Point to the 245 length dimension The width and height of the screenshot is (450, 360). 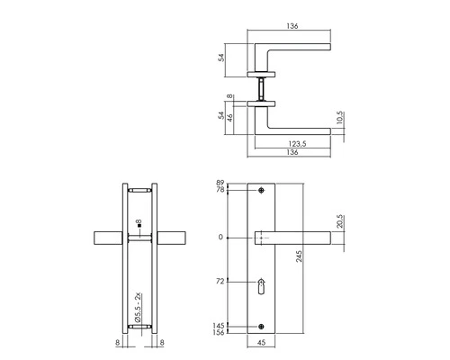click(310, 261)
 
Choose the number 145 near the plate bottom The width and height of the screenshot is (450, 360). click(219, 325)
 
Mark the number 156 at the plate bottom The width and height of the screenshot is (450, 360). click(219, 333)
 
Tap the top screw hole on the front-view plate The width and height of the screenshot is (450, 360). click(261, 192)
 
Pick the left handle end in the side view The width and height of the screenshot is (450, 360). click(106, 238)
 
